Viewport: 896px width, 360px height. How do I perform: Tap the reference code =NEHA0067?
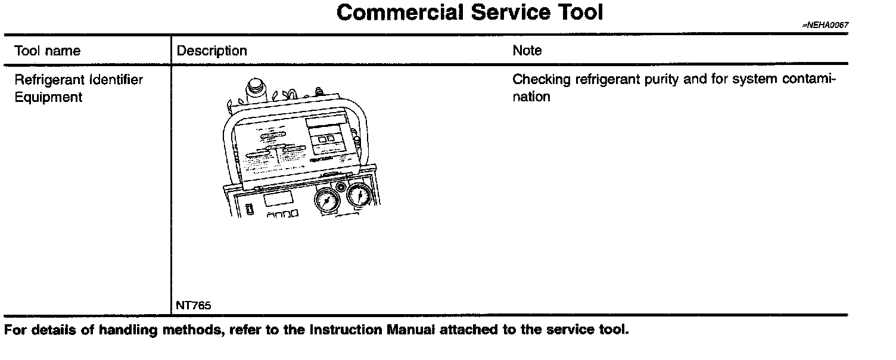click(825, 26)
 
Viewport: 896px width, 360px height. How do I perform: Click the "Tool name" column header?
click(47, 51)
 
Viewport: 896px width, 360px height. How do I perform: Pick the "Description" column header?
click(212, 51)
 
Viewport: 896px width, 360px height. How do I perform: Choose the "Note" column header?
click(527, 51)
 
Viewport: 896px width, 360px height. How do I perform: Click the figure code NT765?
click(193, 306)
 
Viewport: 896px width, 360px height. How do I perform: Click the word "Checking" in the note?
click(540, 80)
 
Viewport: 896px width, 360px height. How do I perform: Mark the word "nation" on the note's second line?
click(531, 97)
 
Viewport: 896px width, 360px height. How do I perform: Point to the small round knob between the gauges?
click(341, 187)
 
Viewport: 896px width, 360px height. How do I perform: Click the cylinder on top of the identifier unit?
click(256, 89)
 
